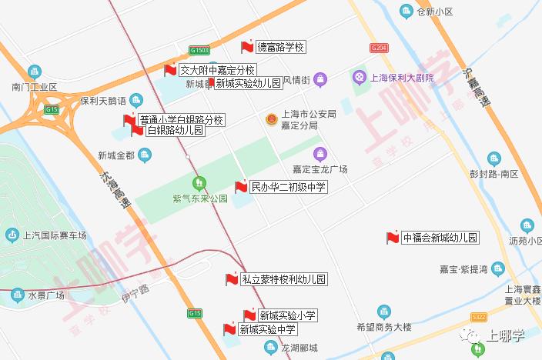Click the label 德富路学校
coord(280,48)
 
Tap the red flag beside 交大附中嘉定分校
coord(170,70)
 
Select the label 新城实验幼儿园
coord(248,83)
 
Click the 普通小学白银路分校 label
coord(182,120)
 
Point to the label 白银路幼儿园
coord(175,131)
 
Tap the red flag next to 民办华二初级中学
coord(241,186)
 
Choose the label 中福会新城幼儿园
coord(440,238)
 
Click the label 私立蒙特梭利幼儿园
coord(283,279)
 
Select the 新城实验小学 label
coord(287,315)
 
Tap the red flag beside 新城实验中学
coord(229,329)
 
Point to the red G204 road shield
coord(378,48)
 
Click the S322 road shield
coord(479,317)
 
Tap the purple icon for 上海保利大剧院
coord(359,77)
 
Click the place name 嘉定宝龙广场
coord(320,169)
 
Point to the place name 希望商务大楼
coord(384,327)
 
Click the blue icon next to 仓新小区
coord(406,10)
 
